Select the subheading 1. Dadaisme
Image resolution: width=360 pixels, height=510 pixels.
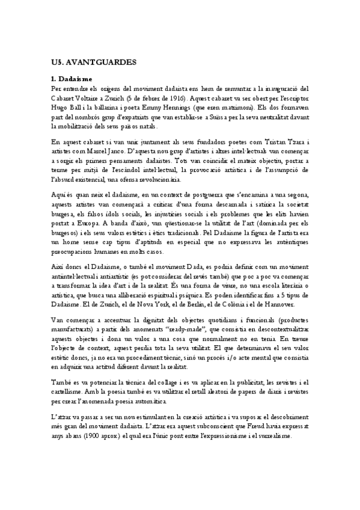tap(72, 79)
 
